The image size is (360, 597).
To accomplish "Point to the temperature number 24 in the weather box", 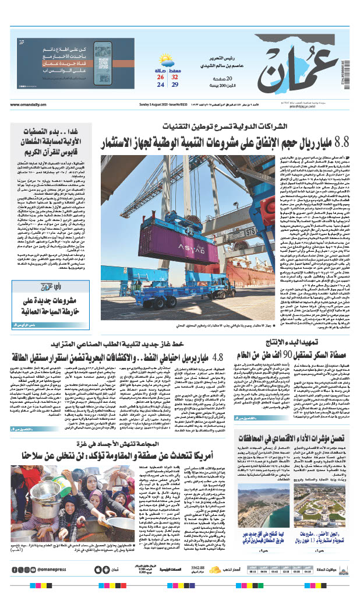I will click(x=160, y=85).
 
